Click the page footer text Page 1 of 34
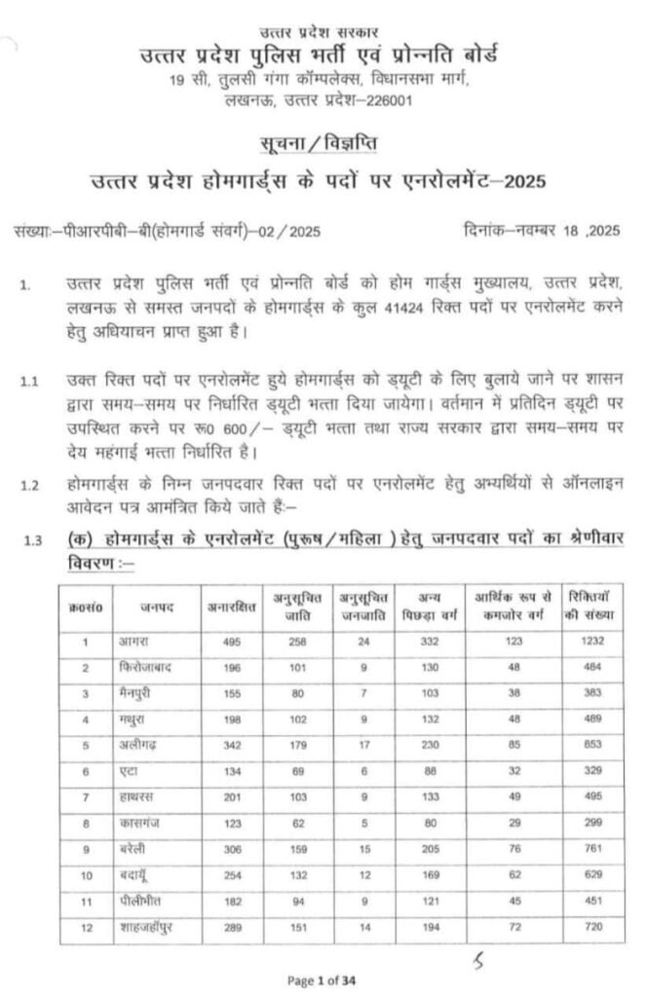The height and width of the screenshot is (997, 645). click(x=322, y=979)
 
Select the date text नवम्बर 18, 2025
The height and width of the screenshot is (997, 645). click(x=565, y=231)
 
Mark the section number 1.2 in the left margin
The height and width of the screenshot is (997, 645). click(x=29, y=484)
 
